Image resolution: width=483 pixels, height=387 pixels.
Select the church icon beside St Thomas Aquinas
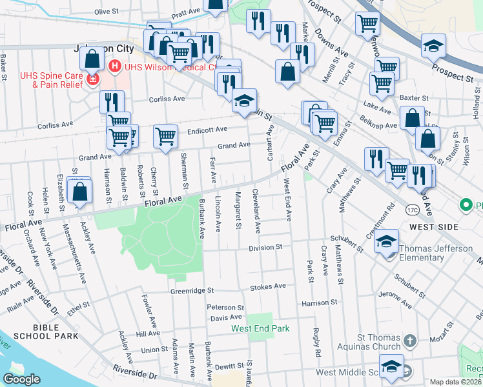tap(409, 339)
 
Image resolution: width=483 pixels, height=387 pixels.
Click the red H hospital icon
tap(114, 66)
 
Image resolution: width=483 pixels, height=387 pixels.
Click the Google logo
tap(22, 379)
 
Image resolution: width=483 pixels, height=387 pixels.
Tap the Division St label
tap(266, 247)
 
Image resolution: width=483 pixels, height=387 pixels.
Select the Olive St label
tap(107, 12)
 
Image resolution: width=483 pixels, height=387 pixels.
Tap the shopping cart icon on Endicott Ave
tap(165, 136)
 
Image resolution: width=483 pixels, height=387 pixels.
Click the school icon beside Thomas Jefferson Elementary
tap(385, 241)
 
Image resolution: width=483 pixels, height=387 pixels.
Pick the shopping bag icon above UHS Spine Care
tap(92, 59)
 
